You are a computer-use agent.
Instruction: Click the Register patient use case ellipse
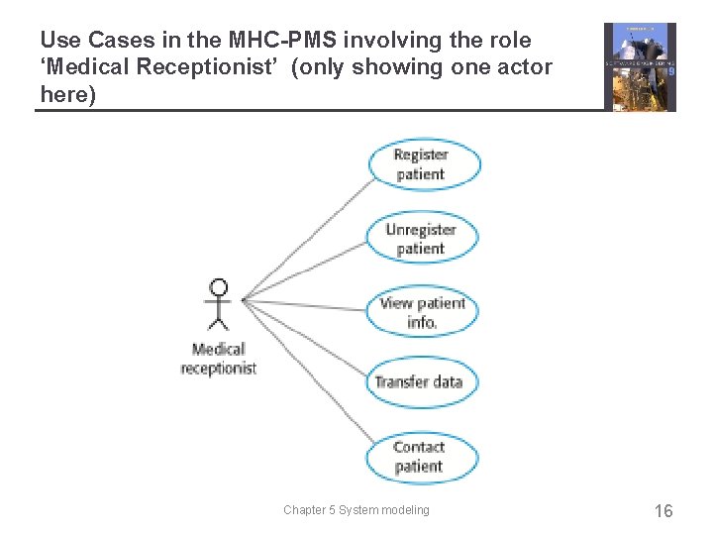(x=423, y=164)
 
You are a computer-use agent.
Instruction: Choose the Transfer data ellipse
(x=419, y=381)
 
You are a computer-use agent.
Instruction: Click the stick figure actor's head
(x=219, y=288)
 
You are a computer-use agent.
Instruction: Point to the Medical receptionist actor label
(x=219, y=359)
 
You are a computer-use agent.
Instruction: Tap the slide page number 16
(x=663, y=511)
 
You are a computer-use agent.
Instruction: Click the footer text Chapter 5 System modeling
(x=356, y=510)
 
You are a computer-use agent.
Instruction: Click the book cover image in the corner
(x=640, y=67)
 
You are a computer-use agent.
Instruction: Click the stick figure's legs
(x=219, y=321)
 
